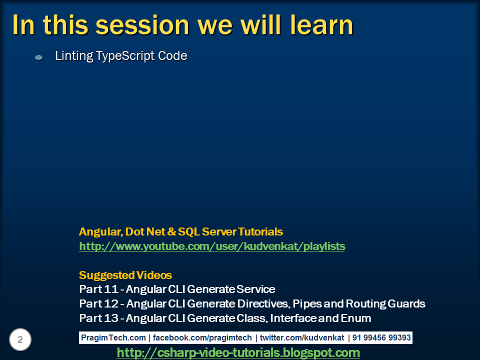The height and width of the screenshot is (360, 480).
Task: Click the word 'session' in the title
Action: (x=142, y=25)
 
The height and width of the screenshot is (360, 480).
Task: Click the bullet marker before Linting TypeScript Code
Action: (x=39, y=57)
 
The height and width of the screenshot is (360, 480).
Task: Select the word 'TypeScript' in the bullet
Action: (x=125, y=56)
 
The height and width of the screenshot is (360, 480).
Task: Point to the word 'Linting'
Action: (x=74, y=56)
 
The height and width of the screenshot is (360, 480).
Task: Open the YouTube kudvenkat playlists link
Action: (x=212, y=246)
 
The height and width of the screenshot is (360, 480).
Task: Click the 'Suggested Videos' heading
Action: (x=125, y=275)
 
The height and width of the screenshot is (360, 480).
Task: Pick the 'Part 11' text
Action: (x=98, y=289)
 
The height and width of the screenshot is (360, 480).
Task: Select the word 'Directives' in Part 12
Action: (x=263, y=303)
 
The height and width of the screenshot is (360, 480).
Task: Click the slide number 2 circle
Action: (x=20, y=339)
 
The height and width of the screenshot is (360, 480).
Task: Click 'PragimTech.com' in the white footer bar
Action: (x=113, y=337)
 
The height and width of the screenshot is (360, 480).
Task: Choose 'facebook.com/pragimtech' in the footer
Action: (x=202, y=337)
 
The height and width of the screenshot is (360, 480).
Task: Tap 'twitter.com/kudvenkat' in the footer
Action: (x=302, y=337)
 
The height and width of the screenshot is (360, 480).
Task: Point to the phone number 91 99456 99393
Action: (x=381, y=337)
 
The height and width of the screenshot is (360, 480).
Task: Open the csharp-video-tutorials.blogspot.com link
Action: (x=238, y=353)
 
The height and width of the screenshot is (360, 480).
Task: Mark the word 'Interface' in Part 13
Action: (x=293, y=318)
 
